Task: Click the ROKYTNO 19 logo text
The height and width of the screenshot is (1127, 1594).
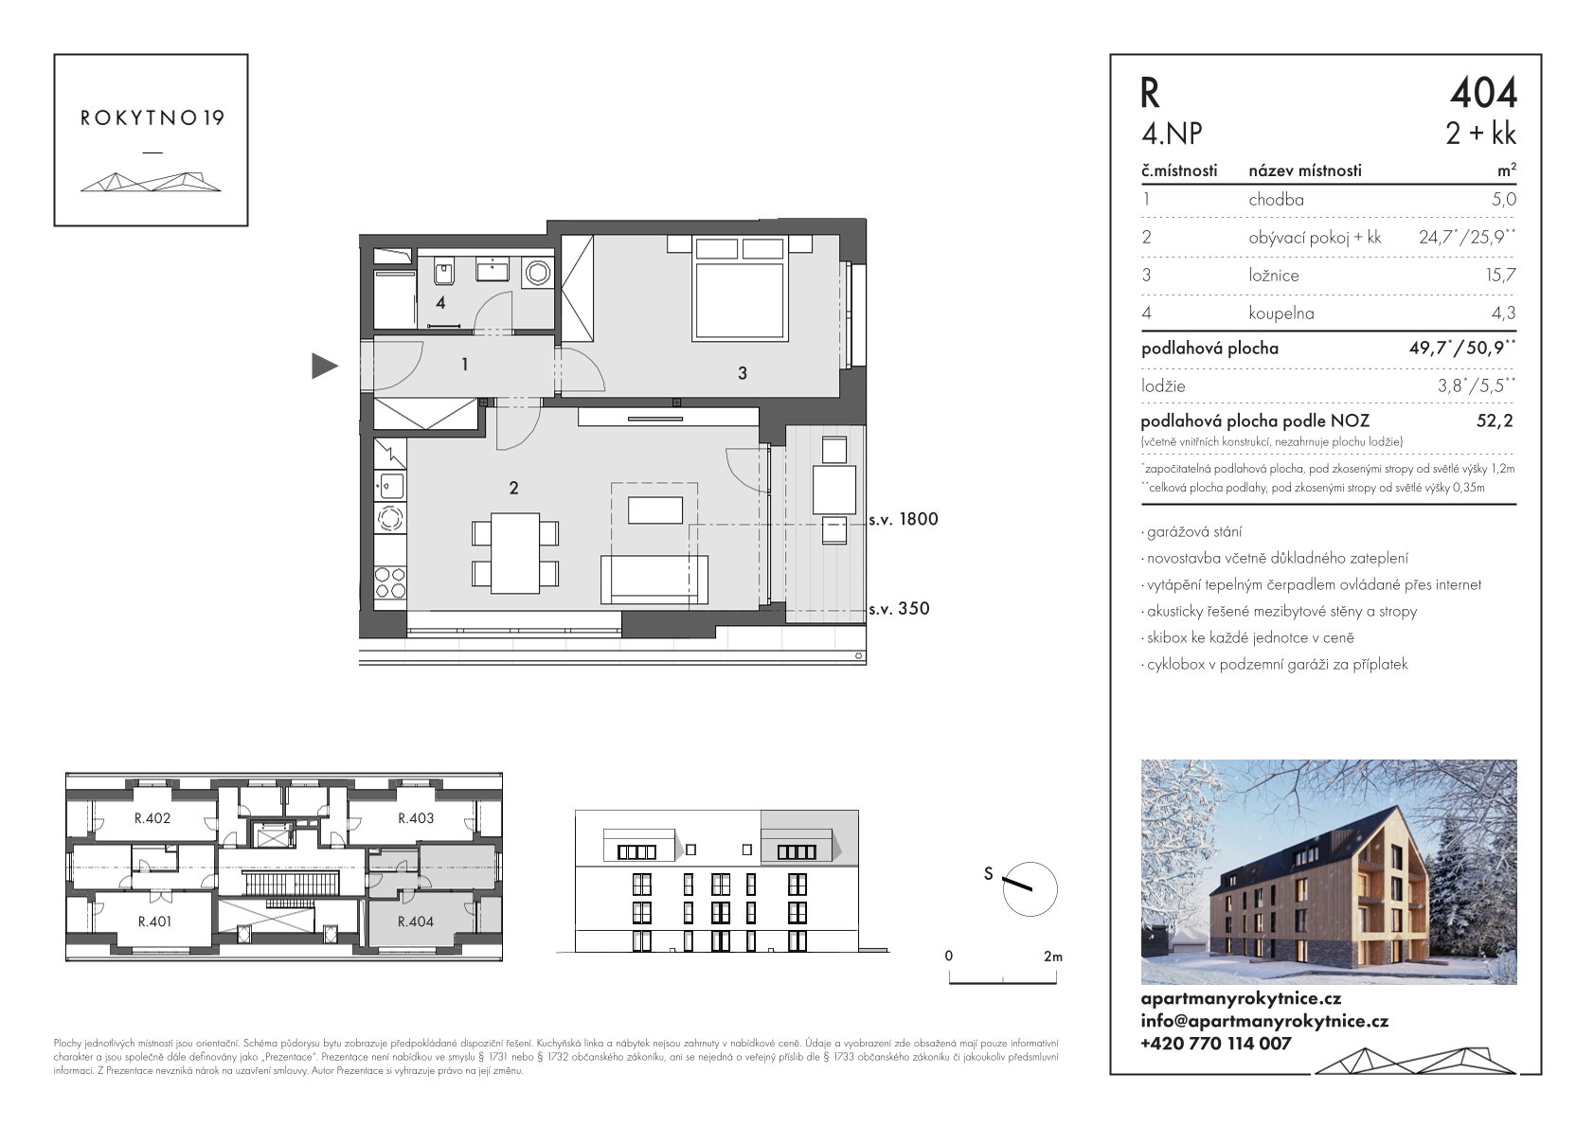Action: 152,118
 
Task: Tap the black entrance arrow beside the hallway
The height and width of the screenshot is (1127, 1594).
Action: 325,366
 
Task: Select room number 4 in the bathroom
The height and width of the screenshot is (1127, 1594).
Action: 440,303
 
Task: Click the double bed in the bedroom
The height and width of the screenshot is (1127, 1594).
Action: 740,288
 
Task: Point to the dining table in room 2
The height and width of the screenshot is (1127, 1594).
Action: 515,553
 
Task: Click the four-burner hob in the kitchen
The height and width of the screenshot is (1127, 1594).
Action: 390,582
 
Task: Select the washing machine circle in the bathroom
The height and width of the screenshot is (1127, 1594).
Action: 537,273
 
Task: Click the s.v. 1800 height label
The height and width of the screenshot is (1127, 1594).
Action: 903,519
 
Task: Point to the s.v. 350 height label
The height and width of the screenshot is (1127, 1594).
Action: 899,608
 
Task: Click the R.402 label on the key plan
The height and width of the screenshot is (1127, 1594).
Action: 152,818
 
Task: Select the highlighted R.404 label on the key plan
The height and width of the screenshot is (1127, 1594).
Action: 416,921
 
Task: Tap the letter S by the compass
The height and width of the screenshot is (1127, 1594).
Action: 989,874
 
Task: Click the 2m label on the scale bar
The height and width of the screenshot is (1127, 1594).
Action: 1053,957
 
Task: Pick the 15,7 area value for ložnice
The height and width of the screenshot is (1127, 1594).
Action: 1501,276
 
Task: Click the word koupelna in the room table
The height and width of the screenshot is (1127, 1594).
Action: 1281,313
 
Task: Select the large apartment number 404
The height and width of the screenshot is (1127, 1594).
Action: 1484,93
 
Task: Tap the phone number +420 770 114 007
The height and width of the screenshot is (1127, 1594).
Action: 1215,1044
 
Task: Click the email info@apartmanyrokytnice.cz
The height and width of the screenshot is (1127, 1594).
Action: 1264,1022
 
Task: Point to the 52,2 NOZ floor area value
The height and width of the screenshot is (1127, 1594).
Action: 1495,420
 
